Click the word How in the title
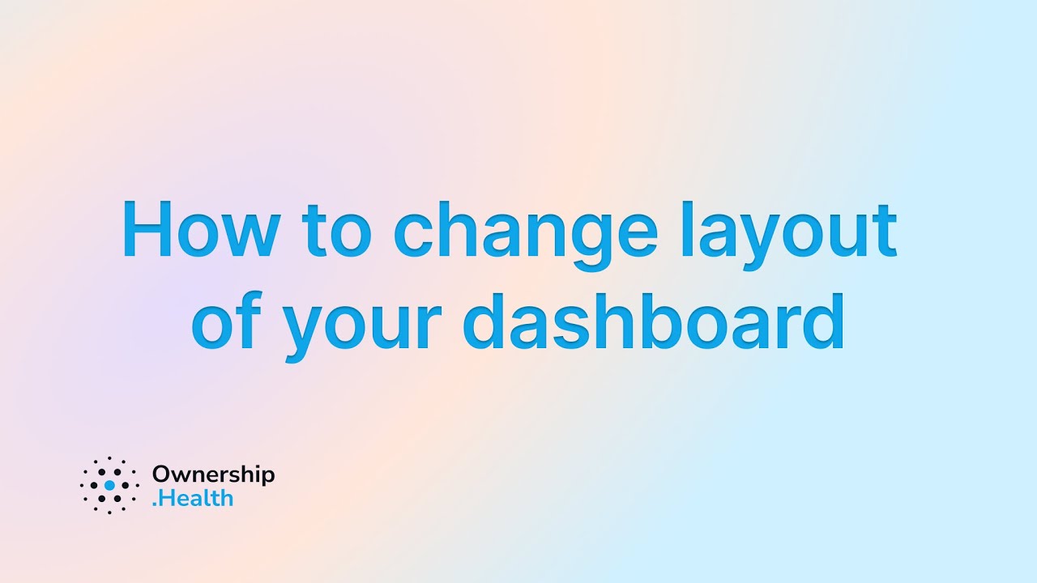click(x=198, y=230)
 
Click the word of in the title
click(x=226, y=323)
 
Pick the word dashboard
click(x=654, y=323)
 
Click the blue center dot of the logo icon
click(x=109, y=486)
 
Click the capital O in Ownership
click(x=161, y=475)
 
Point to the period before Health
click(x=155, y=504)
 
